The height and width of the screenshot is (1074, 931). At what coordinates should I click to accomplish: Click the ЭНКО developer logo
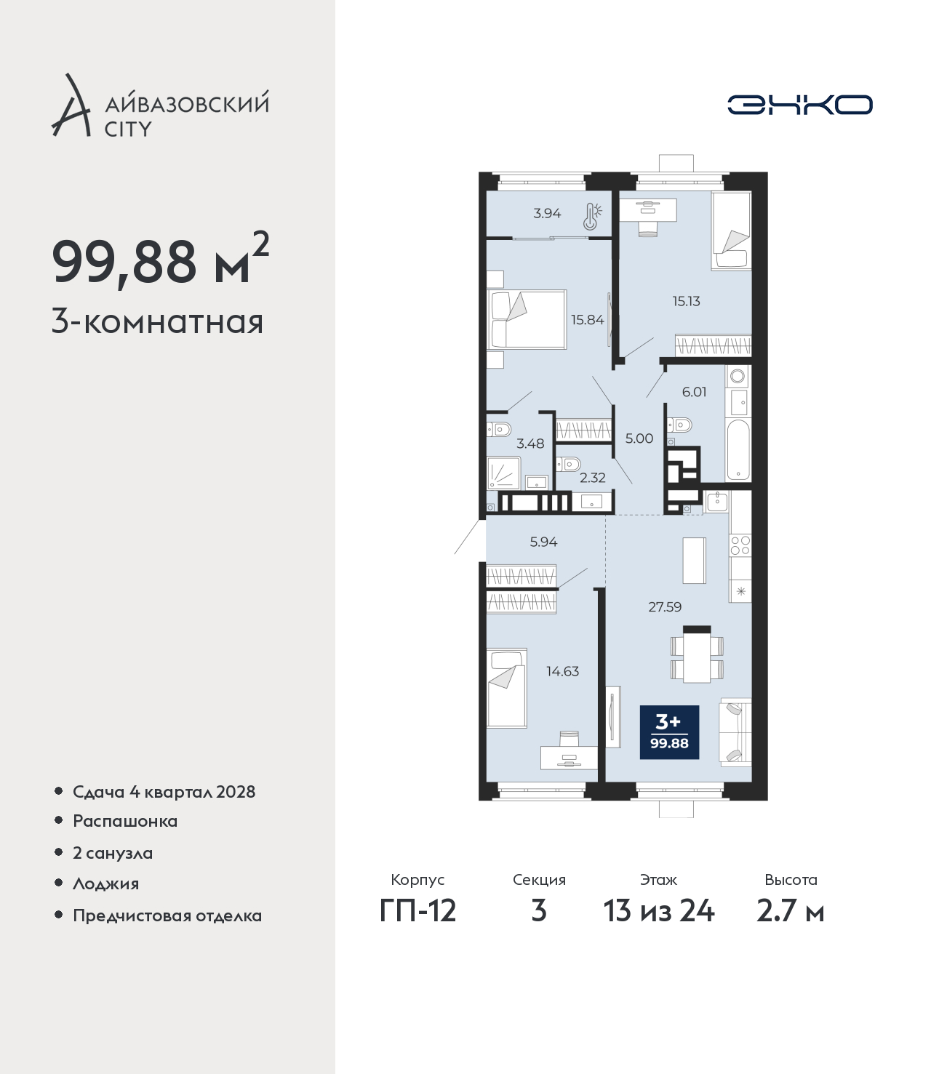(x=799, y=105)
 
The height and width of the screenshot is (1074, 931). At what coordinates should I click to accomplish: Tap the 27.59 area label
(x=665, y=607)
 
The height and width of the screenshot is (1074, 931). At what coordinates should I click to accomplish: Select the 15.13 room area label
(x=686, y=301)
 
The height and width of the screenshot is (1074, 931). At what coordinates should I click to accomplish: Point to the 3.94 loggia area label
(x=547, y=213)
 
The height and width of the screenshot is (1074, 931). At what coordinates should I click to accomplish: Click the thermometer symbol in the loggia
(x=591, y=216)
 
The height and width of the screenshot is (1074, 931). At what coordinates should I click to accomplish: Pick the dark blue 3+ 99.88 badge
(x=669, y=732)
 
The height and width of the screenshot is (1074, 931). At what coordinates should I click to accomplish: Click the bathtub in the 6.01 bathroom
(x=738, y=450)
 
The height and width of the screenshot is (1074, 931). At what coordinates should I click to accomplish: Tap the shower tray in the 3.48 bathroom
(x=504, y=473)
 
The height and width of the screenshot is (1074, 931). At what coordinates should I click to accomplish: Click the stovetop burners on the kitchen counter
(x=740, y=545)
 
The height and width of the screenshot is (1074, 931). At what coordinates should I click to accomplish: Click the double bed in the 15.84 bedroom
(x=527, y=319)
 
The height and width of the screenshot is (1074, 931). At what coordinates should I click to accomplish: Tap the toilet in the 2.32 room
(x=567, y=463)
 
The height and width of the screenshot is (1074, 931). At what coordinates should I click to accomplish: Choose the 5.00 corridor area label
(x=639, y=438)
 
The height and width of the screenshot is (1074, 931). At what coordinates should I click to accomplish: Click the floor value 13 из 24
(x=659, y=911)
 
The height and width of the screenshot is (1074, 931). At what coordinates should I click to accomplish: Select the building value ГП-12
(x=418, y=911)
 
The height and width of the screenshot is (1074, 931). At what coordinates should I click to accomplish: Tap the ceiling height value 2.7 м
(x=790, y=911)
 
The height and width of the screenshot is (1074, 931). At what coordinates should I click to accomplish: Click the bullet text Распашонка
(x=125, y=821)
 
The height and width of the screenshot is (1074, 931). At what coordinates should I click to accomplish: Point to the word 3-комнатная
(x=158, y=323)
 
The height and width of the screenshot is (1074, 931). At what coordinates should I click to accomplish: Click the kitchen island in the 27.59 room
(x=694, y=561)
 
